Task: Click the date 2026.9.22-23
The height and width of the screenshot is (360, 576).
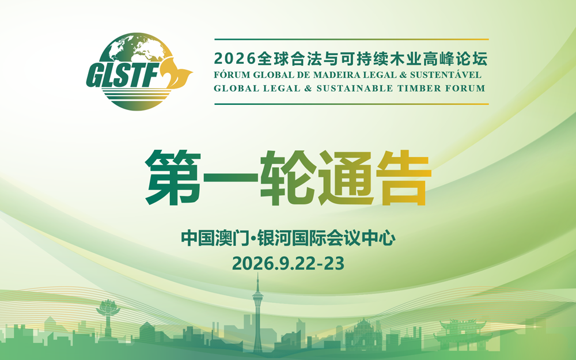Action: click(288, 263)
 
